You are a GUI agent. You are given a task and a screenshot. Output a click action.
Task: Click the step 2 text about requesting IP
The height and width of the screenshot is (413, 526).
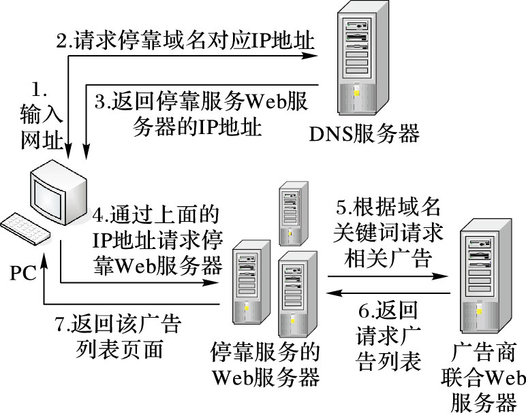click(185, 40)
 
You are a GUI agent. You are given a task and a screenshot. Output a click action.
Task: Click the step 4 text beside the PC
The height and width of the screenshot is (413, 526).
click(157, 239)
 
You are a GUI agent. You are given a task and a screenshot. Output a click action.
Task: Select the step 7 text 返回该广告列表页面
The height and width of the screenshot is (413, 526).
click(119, 336)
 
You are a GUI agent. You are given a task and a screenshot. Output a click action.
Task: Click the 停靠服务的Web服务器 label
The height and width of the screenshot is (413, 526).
click(265, 363)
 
